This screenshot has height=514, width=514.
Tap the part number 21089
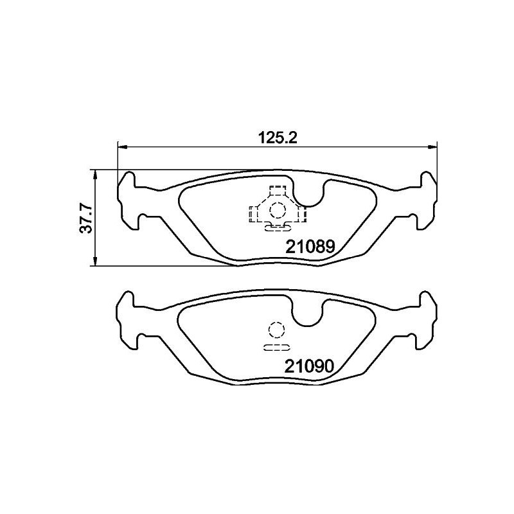[310, 245]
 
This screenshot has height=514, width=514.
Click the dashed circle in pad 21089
[277, 209]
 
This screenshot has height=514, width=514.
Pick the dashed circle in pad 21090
[276, 330]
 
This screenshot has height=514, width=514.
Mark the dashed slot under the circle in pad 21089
[277, 226]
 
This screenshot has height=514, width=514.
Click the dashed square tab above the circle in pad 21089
[277, 191]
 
